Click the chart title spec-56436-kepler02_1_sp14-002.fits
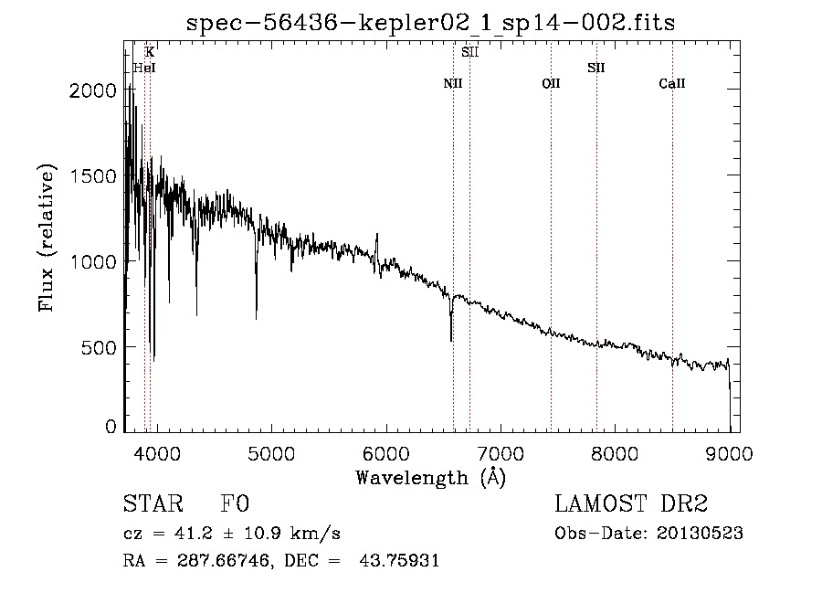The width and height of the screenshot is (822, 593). (430, 23)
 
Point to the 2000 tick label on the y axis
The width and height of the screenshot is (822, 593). (93, 90)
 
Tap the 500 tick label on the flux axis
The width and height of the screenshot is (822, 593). (99, 347)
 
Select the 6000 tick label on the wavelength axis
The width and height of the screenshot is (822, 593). (385, 453)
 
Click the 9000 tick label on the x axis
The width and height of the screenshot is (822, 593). (729, 453)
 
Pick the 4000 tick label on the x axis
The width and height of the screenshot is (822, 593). (157, 453)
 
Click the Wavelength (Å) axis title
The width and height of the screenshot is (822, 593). (431, 478)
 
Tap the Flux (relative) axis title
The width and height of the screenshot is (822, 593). (47, 238)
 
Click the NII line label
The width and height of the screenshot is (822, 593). (453, 83)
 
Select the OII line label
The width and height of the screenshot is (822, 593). (551, 83)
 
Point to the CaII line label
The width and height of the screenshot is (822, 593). (672, 83)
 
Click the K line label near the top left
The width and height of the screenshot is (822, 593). (150, 52)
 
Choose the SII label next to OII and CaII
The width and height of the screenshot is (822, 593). (596, 68)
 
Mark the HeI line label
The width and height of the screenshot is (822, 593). (144, 68)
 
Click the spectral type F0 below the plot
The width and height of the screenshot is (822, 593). (235, 503)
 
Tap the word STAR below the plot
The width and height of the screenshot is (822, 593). (153, 503)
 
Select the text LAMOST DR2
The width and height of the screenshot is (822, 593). (631, 503)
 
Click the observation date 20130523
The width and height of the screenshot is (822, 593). (700, 534)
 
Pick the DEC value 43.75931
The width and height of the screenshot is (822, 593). (399, 560)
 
